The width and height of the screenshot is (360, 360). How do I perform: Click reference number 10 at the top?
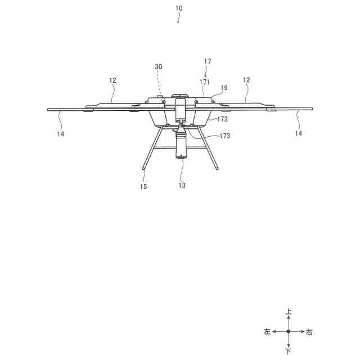(179, 8)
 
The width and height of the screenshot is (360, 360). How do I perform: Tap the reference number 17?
(208, 61)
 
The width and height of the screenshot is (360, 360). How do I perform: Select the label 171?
(204, 82)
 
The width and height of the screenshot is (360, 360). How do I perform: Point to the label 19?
(224, 88)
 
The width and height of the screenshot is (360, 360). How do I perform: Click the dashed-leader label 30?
(159, 66)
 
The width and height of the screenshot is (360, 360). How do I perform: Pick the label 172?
(223, 119)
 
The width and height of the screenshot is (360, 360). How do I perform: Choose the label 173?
(224, 136)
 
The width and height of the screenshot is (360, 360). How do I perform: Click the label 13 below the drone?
(182, 185)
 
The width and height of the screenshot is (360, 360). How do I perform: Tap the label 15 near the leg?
(143, 186)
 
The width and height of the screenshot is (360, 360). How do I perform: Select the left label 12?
(112, 80)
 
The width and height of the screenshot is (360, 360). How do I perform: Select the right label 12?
(246, 80)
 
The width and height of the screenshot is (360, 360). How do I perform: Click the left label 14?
(60, 134)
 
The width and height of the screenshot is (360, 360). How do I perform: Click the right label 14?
(299, 133)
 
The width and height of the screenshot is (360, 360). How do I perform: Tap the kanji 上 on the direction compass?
(289, 312)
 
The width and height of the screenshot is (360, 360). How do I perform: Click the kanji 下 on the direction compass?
(289, 352)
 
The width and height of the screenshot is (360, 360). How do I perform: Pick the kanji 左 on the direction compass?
(267, 332)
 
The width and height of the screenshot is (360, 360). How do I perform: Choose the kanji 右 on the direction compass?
(309, 332)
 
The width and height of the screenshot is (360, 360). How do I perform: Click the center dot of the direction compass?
(289, 332)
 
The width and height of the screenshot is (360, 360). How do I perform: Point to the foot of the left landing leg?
(143, 168)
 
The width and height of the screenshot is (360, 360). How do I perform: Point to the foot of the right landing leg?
(218, 167)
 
